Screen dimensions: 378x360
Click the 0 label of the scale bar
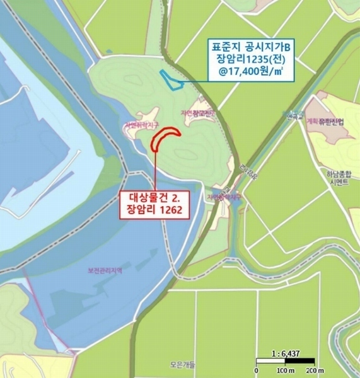[x=257, y=369]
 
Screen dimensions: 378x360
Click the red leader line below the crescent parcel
[x=156, y=170]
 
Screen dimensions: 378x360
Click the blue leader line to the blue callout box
[x=195, y=81]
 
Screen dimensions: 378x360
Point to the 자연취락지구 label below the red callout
[x=224, y=197]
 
